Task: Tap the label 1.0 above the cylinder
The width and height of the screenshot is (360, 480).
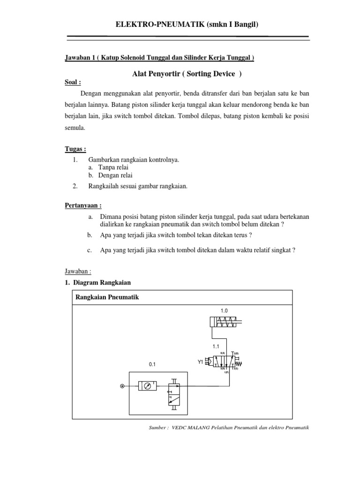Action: [224, 310]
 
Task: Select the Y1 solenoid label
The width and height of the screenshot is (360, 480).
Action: [200, 362]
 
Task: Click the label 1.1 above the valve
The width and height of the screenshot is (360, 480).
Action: [216, 346]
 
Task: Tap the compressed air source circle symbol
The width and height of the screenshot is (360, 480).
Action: [122, 386]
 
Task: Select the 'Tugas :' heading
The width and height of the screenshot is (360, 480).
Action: [75, 149]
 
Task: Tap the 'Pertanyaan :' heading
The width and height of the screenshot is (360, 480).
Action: [83, 205]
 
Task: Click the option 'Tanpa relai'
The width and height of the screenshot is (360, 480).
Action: [113, 167]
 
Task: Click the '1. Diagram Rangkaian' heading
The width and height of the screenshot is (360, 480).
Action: [98, 282]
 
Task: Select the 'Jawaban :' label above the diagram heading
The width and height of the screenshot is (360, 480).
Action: [77, 271]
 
